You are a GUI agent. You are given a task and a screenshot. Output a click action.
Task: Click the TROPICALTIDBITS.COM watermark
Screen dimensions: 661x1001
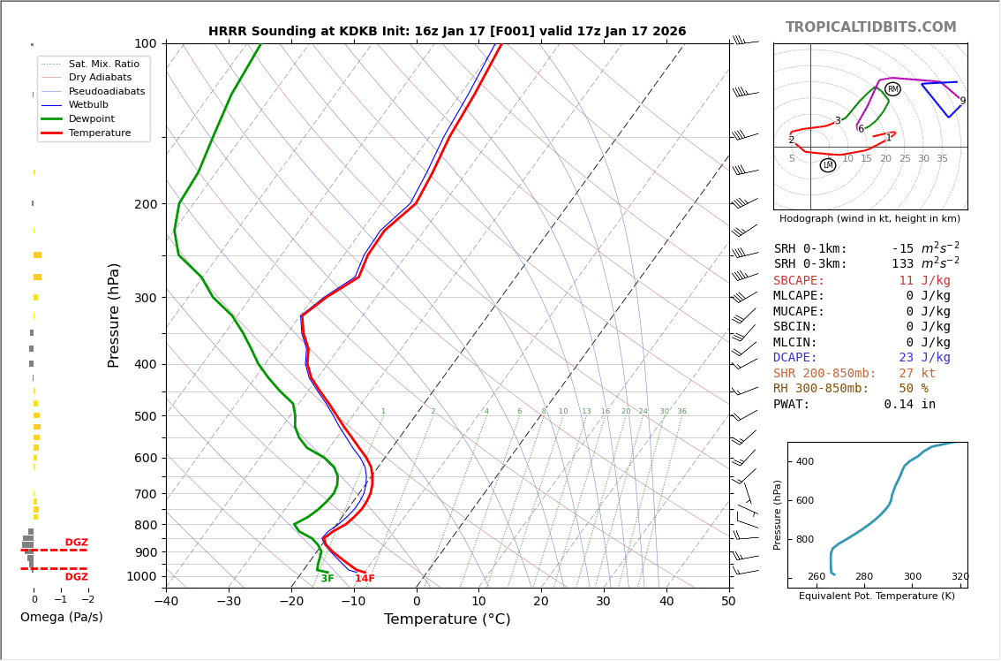click(x=870, y=27)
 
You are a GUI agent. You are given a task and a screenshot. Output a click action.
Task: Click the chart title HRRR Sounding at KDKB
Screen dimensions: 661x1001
click(x=447, y=32)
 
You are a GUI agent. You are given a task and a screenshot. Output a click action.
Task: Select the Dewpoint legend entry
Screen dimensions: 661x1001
click(x=92, y=118)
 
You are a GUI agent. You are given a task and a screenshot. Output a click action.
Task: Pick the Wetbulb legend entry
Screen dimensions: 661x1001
click(x=88, y=104)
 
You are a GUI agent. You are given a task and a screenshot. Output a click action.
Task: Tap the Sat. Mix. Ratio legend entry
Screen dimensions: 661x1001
click(x=103, y=64)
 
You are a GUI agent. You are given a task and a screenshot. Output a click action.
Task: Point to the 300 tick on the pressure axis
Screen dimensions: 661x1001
click(x=145, y=298)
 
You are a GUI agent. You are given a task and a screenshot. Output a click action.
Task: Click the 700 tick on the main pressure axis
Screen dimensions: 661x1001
click(x=145, y=494)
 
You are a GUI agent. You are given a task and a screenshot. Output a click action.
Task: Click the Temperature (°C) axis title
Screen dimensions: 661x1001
click(x=447, y=619)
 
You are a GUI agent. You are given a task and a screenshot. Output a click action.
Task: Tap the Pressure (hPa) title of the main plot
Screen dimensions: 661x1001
click(x=114, y=315)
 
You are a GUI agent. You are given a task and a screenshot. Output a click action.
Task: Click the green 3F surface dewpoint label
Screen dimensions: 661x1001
click(x=327, y=579)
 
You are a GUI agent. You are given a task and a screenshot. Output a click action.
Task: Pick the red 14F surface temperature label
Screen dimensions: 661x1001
click(x=365, y=579)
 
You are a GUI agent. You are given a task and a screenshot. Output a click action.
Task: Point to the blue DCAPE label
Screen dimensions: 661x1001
click(x=795, y=358)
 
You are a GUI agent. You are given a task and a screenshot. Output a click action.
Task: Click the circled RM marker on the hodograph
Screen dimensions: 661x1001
click(x=892, y=89)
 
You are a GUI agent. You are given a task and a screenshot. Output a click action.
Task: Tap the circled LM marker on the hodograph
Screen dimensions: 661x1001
click(x=828, y=165)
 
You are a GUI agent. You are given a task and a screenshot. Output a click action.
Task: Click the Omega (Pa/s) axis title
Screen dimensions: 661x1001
click(x=62, y=617)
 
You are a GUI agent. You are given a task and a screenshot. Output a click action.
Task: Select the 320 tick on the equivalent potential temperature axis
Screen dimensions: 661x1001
click(x=960, y=577)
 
